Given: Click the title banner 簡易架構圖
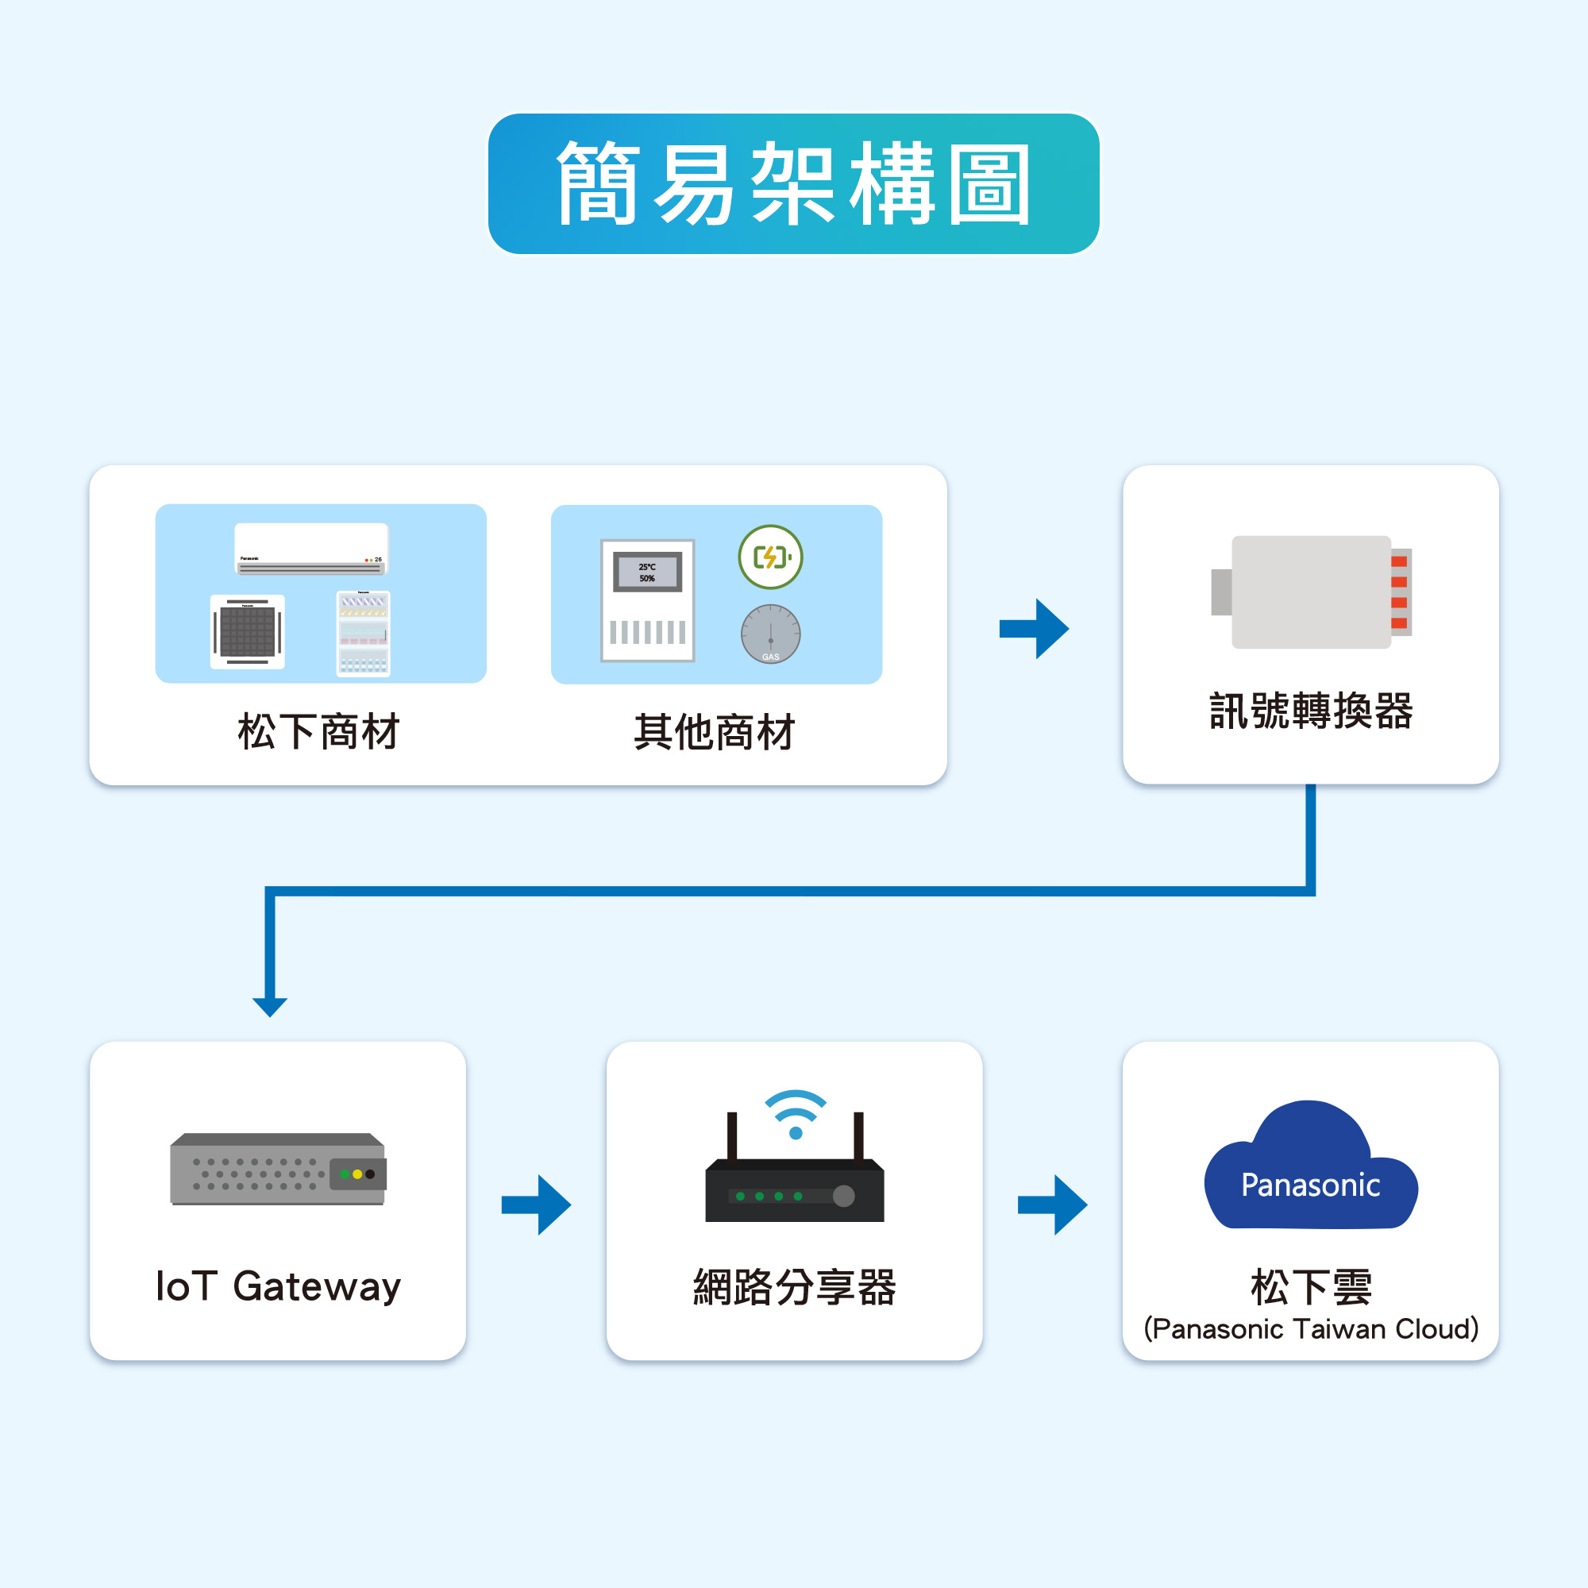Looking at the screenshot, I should pyautogui.click(x=793, y=183).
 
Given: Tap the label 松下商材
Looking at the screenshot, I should pyautogui.click(x=319, y=731).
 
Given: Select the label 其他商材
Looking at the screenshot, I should pyautogui.click(x=715, y=731).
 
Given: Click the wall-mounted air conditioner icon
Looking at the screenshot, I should pyautogui.click(x=310, y=548).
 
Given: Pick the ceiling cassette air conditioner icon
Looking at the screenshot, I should pyautogui.click(x=248, y=631).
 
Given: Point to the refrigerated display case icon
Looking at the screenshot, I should pyautogui.click(x=364, y=633).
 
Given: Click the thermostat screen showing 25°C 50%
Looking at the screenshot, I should pyautogui.click(x=648, y=572).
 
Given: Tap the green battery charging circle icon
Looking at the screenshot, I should pyautogui.click(x=770, y=557).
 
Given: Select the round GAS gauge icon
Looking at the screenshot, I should pyautogui.click(x=770, y=634).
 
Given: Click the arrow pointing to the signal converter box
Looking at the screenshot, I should pyautogui.click(x=1034, y=629).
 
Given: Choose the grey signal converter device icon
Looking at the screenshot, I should pyautogui.click(x=1311, y=592).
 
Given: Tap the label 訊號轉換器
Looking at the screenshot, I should pyautogui.click(x=1311, y=711).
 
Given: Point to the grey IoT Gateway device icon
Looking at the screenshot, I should pyautogui.click(x=278, y=1170).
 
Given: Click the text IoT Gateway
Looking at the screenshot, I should pyautogui.click(x=278, y=1286).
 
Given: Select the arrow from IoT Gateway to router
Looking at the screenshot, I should pyautogui.click(x=537, y=1205).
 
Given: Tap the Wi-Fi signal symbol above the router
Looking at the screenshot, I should pyautogui.click(x=795, y=1113).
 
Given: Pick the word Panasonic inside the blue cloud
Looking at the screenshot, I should pyautogui.click(x=1310, y=1185).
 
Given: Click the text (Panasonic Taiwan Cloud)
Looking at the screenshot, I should pyautogui.click(x=1310, y=1329).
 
